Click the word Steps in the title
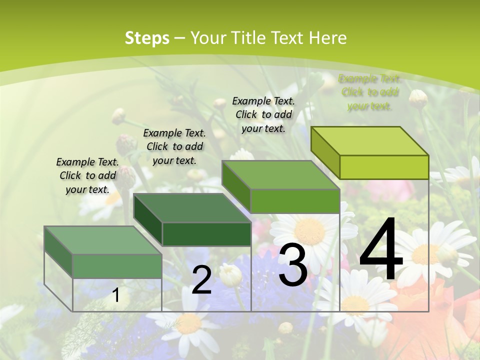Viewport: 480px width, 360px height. pos(147,38)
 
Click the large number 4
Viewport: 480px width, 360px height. pos(381,250)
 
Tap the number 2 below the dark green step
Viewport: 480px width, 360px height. pos(201,280)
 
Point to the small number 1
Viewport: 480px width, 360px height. pos(115,295)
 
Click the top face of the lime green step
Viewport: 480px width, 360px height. pos(370,140)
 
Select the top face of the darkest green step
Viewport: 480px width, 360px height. pos(192,207)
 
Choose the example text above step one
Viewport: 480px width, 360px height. pos(87,175)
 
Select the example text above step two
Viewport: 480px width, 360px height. pos(174,146)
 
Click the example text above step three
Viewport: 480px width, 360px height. pos(263,114)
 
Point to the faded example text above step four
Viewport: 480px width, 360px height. pos(369,92)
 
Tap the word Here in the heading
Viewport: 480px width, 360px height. pos(327,38)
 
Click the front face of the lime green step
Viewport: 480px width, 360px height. pos(384,167)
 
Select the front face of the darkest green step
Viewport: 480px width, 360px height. pos(206,234)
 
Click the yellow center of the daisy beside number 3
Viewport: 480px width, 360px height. pos(310,231)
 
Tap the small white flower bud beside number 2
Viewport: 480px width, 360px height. pos(230,274)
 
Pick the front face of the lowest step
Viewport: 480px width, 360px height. pos(117,266)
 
